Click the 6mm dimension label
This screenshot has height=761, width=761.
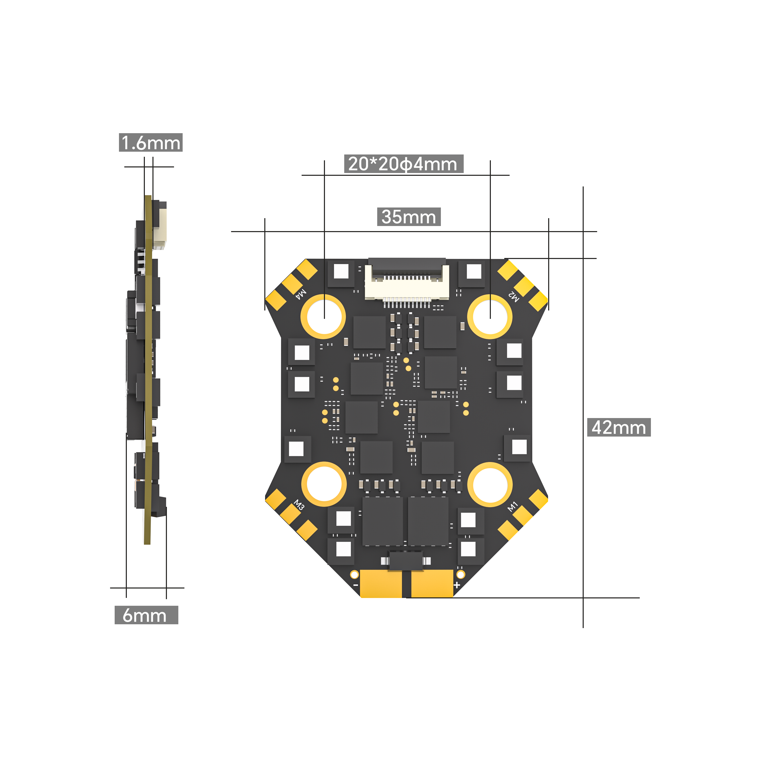[146, 615]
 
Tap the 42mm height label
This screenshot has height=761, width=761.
[618, 428]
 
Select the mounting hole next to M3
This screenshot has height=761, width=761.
[324, 484]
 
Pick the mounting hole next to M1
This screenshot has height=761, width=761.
[490, 484]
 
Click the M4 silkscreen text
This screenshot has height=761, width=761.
[301, 294]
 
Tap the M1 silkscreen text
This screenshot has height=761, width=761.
[512, 507]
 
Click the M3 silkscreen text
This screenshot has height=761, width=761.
[299, 505]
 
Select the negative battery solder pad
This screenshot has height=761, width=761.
[381, 583]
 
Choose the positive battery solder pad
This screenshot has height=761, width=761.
[432, 583]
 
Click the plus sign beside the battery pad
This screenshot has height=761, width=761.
[457, 585]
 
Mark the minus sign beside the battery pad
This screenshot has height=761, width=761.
[356, 585]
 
